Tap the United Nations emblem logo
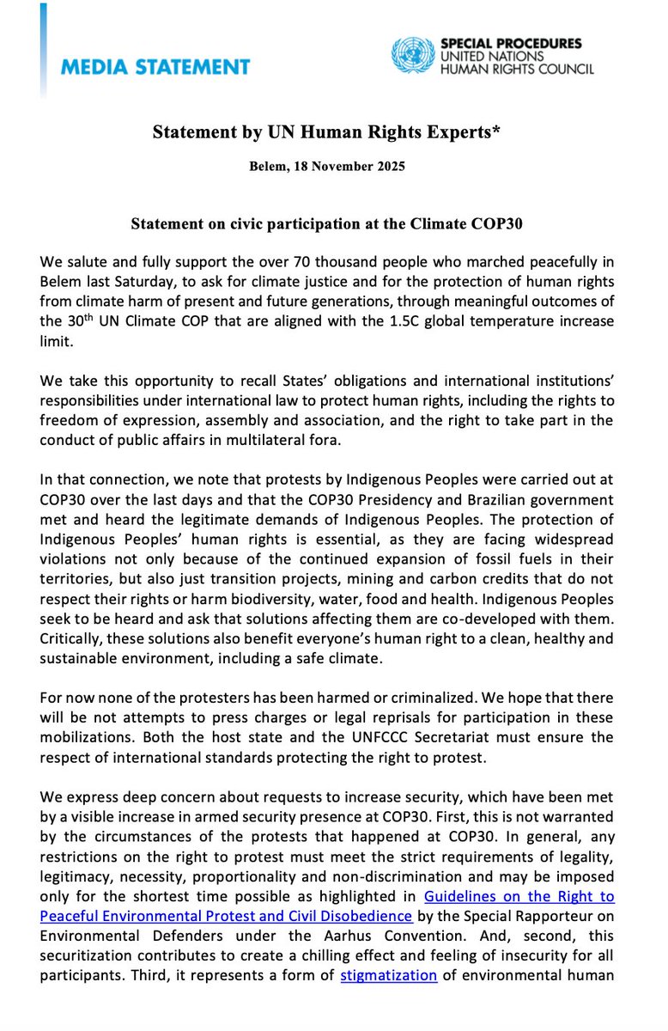[414, 55]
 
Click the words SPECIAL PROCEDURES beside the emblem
[510, 42]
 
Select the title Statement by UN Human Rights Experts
[333, 131]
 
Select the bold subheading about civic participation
[333, 223]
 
